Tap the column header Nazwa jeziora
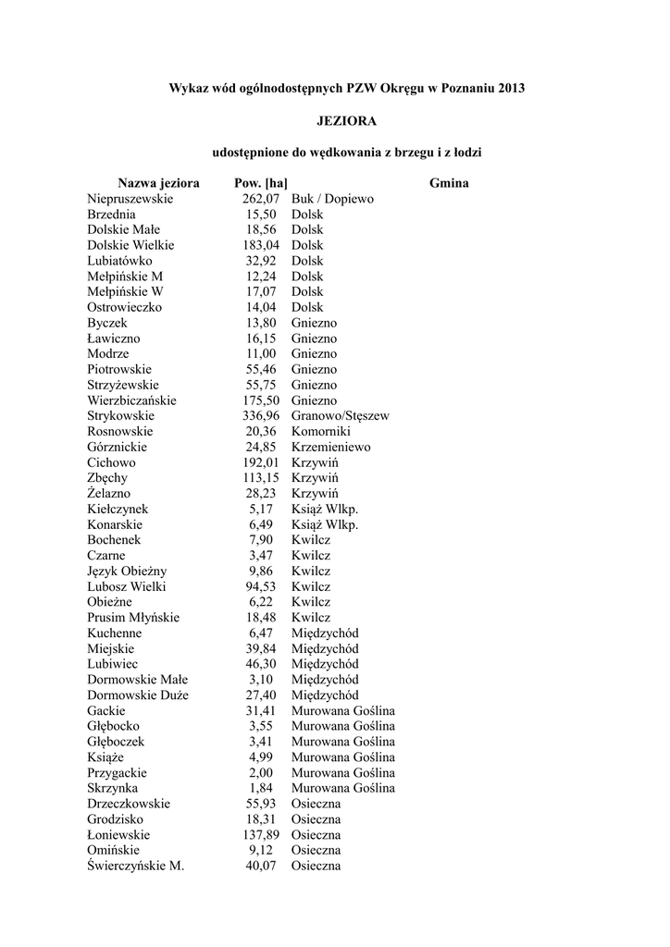point(158,183)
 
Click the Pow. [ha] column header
point(261,183)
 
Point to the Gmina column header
point(449,183)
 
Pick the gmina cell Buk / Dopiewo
point(332,199)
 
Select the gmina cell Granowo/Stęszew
point(340,416)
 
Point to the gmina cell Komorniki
point(320,432)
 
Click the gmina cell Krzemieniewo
point(330,448)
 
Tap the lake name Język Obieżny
point(127,572)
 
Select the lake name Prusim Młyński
point(133,618)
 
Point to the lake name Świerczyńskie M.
point(136,867)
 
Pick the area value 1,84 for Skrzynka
point(264,788)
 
